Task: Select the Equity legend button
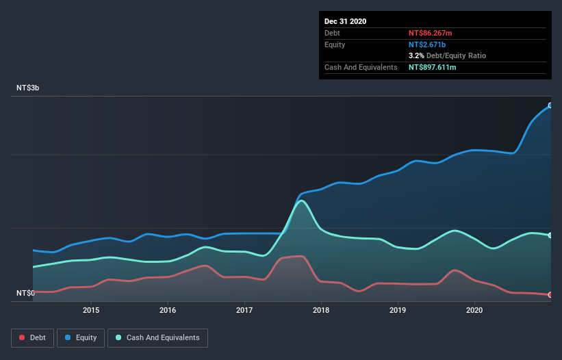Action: (81, 337)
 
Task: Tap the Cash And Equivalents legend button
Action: (157, 337)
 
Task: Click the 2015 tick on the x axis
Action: (91, 310)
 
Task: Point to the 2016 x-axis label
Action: (168, 310)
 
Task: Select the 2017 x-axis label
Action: (244, 310)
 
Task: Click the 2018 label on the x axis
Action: (321, 310)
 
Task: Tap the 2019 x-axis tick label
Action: (398, 310)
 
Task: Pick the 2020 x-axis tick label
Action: (474, 310)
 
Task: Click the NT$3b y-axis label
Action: (28, 88)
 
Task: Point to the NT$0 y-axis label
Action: (26, 293)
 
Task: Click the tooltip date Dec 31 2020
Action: (345, 21)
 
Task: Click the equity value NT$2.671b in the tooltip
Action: (428, 44)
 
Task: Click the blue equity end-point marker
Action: (550, 105)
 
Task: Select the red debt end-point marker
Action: (550, 295)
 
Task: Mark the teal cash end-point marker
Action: (550, 235)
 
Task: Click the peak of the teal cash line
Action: (301, 201)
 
